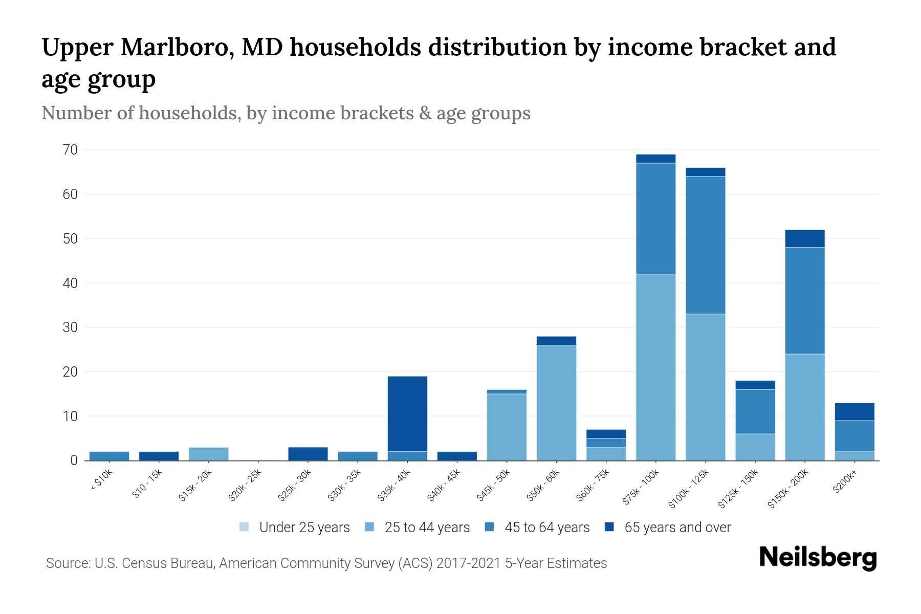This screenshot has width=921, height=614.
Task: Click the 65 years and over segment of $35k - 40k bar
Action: point(407,413)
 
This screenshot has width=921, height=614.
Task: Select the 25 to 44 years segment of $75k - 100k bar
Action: point(655,367)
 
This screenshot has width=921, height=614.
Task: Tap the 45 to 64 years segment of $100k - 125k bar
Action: point(705,245)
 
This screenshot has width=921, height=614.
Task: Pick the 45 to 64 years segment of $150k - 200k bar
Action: point(804,300)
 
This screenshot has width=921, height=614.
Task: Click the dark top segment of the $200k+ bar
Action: point(854,411)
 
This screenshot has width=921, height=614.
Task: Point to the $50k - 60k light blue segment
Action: point(556,403)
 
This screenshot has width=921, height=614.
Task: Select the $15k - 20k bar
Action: point(208,454)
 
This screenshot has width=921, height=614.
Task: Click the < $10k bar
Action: point(109,456)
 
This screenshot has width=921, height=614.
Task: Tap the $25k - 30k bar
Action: point(308,454)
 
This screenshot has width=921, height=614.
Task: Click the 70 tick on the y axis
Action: point(71,150)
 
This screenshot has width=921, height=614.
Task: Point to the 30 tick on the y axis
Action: point(71,327)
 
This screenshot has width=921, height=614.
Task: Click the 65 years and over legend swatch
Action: point(609,527)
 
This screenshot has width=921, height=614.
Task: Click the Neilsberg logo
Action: point(818,558)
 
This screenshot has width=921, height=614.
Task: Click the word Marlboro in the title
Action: point(177,48)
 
